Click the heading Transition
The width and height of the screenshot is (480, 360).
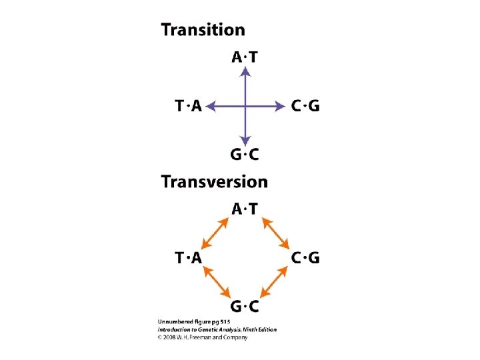point(203,30)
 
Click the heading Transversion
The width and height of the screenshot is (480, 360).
point(215,182)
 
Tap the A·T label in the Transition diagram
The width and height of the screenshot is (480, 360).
point(245,57)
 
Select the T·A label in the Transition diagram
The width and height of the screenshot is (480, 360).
point(188,106)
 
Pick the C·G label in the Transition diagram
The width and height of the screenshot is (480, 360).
point(306,106)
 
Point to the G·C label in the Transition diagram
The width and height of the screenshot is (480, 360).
point(245,155)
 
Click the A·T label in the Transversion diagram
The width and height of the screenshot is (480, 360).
point(245,209)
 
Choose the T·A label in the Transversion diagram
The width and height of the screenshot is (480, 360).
point(188,258)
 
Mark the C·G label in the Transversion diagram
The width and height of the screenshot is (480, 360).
point(306,258)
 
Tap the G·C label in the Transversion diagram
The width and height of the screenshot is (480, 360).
point(245,306)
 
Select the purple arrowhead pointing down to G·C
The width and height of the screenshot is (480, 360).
point(245,140)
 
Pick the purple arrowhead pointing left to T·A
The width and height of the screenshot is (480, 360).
point(211,105)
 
